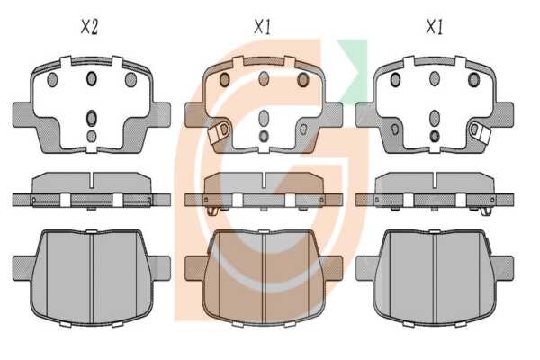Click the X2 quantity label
89,27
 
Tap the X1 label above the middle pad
263,27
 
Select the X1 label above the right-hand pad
435,27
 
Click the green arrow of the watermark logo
352,70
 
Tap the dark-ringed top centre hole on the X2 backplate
92,79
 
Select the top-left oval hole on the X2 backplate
52,80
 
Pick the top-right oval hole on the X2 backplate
130,80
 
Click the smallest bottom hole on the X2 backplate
92,137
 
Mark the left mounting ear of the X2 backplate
22,114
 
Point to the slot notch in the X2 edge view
92,181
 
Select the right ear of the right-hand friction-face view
503,268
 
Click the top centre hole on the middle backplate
264,79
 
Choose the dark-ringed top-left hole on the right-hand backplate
395,80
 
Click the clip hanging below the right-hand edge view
486,211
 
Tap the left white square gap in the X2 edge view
66,201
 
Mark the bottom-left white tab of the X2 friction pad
66,324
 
